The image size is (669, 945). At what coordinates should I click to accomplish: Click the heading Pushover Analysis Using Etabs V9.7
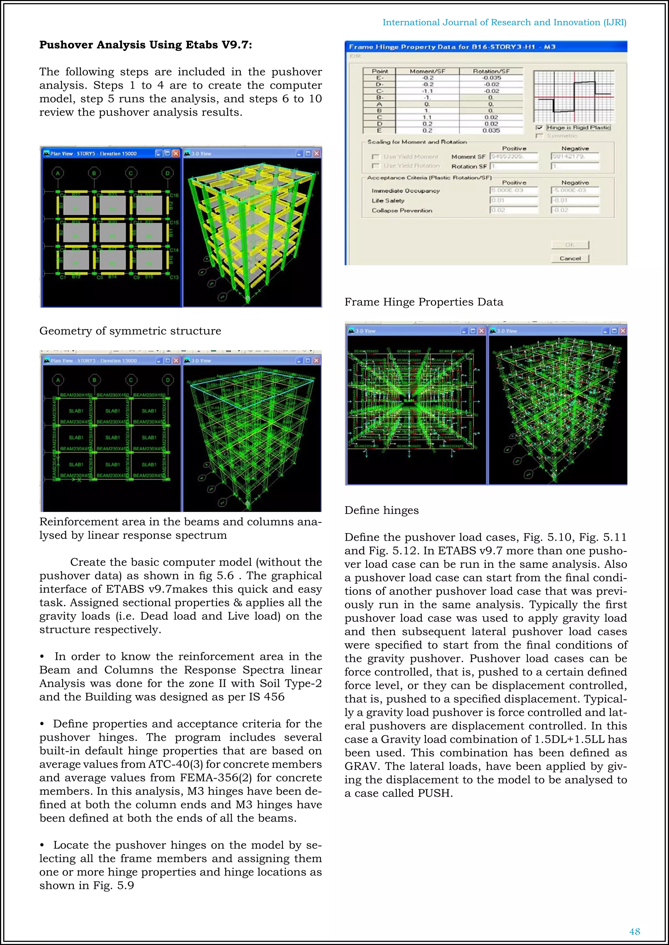point(145,44)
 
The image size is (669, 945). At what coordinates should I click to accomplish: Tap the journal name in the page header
point(504,22)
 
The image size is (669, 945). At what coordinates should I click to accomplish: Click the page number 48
point(634,931)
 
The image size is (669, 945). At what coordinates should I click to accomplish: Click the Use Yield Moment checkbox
point(375,157)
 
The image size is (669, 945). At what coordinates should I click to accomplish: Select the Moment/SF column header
point(427,71)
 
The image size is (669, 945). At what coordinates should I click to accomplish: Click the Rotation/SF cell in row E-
point(491,78)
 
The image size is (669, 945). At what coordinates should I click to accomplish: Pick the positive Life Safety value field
point(514,200)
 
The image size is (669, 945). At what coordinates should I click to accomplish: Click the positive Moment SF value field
point(514,156)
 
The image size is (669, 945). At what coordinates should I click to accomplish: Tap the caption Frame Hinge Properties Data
point(423,302)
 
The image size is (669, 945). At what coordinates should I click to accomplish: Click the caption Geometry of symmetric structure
point(130,331)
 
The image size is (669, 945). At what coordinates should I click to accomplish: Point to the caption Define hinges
point(382,510)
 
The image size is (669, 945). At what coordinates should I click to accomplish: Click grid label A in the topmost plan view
point(58,173)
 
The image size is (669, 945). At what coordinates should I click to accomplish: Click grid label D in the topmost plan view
point(167,173)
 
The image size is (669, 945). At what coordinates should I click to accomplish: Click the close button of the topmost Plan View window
point(176,153)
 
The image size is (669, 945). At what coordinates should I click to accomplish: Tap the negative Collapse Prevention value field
point(575,210)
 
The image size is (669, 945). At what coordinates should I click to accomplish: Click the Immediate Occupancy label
point(405,191)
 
